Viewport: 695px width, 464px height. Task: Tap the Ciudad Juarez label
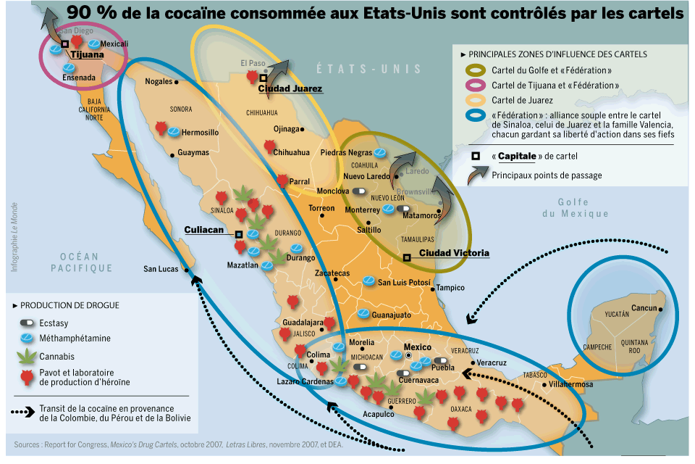pos(290,88)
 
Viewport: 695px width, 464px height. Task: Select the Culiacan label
pos(206,230)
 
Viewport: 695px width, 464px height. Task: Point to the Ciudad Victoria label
pos(454,253)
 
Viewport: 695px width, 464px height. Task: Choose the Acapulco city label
pos(379,414)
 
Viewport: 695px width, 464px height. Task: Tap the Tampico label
pos(450,288)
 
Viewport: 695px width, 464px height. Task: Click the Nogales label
pos(159,81)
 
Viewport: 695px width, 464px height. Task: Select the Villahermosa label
pos(572,384)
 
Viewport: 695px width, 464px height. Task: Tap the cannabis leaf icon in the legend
pos(27,357)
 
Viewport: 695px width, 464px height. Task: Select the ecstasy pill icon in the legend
pos(27,323)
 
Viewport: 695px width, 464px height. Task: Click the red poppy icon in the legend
pos(27,376)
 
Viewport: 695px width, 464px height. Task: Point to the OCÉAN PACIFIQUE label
pos(81,262)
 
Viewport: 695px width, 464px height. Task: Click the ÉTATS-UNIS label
pos(368,69)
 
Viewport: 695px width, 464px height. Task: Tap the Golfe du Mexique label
pos(576,207)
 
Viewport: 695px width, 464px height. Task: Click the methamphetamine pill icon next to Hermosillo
pos(174,133)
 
